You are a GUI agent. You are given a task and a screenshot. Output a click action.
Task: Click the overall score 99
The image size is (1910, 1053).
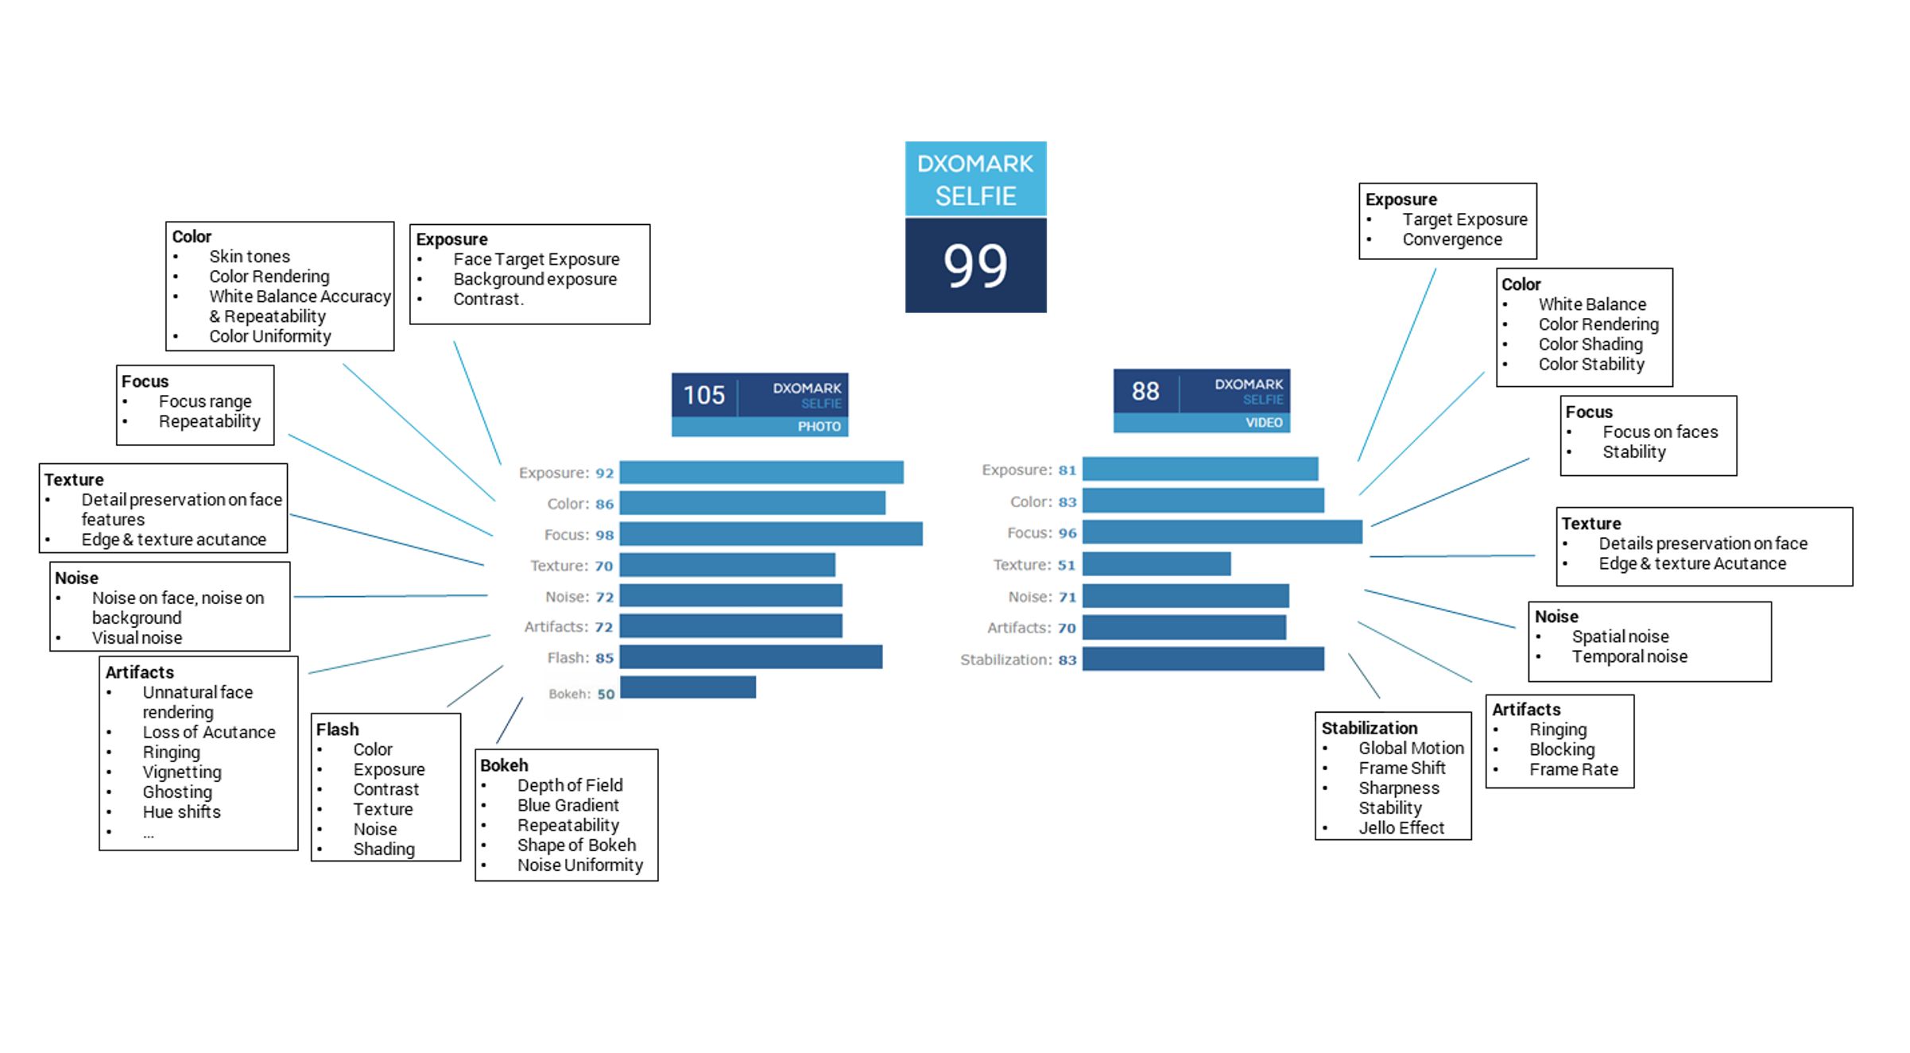pyautogui.click(x=975, y=265)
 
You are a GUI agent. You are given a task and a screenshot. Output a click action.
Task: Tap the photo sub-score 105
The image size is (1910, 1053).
pyautogui.click(x=704, y=395)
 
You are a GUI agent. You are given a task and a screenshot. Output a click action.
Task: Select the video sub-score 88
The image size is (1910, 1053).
pyautogui.click(x=1145, y=391)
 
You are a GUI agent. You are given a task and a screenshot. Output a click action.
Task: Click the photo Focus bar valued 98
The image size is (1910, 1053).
pyautogui.click(x=771, y=533)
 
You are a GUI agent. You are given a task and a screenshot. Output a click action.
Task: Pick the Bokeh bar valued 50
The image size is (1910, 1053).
pyautogui.click(x=688, y=687)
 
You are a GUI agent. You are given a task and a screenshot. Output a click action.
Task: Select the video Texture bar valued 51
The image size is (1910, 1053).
pyautogui.click(x=1156, y=563)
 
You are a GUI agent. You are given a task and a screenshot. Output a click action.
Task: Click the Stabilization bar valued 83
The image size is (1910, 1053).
pyautogui.click(x=1203, y=659)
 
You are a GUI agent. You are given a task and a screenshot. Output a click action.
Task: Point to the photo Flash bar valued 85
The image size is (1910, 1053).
pyautogui.click(x=751, y=656)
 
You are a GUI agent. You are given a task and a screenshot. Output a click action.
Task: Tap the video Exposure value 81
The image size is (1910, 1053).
pyautogui.click(x=1067, y=470)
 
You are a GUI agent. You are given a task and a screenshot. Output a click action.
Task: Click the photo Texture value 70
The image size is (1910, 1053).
pyautogui.click(x=604, y=566)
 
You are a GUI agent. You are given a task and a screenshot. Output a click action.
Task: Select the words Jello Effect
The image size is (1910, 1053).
pyautogui.click(x=1401, y=828)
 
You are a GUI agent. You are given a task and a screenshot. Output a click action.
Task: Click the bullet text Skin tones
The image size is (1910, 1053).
pyautogui.click(x=250, y=257)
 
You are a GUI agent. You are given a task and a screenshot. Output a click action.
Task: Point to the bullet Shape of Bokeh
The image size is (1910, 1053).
pyautogui.click(x=576, y=845)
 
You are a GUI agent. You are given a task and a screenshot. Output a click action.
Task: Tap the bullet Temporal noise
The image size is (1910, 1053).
pyautogui.click(x=1629, y=656)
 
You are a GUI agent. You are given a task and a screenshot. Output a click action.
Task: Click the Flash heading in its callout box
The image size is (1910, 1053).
pyautogui.click(x=338, y=730)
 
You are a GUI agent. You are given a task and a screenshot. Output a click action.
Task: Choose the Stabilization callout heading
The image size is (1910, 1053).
pyautogui.click(x=1370, y=728)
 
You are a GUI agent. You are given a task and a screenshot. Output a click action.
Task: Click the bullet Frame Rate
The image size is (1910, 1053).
pyautogui.click(x=1574, y=769)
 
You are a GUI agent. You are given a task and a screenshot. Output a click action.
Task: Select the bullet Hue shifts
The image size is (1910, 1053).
pyautogui.click(x=182, y=811)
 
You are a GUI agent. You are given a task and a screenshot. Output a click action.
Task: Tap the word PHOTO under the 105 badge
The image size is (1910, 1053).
pyautogui.click(x=819, y=427)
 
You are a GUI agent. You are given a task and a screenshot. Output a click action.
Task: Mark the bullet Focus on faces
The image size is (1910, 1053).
pyautogui.click(x=1660, y=432)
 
